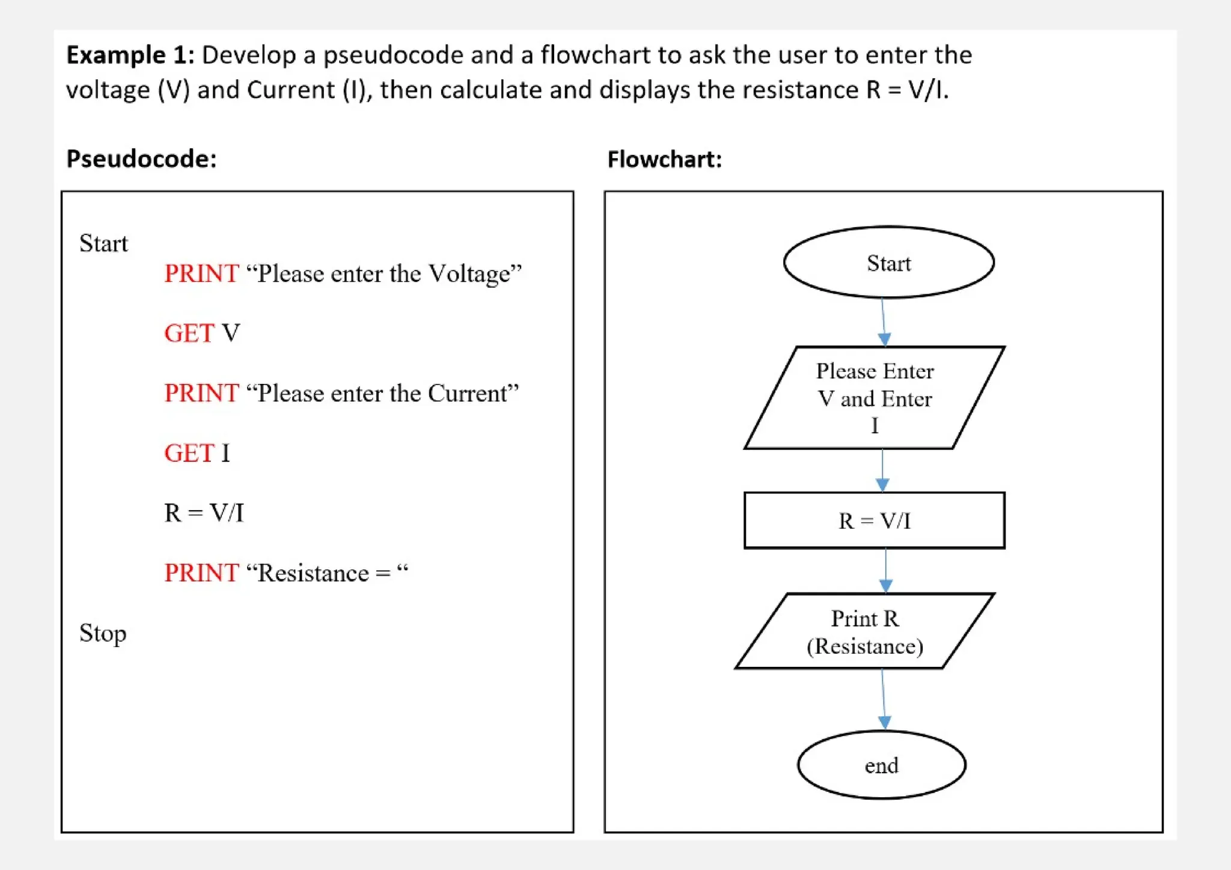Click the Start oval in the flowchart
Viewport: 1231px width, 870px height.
point(888,263)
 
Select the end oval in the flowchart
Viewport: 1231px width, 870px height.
point(881,765)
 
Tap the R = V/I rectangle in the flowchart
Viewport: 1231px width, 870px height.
point(874,520)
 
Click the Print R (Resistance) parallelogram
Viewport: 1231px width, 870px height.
point(864,631)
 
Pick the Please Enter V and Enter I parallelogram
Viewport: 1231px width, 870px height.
point(875,398)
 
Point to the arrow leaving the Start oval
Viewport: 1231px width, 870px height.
point(883,322)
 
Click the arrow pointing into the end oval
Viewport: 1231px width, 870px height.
point(884,699)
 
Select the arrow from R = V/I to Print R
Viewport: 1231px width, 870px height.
point(885,571)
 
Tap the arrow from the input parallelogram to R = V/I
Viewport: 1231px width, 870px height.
point(882,470)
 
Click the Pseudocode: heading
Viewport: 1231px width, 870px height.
point(141,159)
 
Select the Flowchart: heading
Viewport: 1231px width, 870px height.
point(664,160)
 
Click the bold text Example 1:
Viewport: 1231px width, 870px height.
point(130,55)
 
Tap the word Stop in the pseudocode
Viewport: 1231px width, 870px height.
point(103,633)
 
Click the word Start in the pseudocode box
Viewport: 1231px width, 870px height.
point(103,243)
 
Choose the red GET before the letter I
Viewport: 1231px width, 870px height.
point(189,453)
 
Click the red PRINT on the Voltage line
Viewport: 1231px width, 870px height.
point(201,273)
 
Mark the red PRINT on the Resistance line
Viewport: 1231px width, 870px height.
point(201,573)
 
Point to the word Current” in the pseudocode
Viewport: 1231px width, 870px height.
point(473,394)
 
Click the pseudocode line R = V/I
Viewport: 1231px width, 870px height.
point(204,513)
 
